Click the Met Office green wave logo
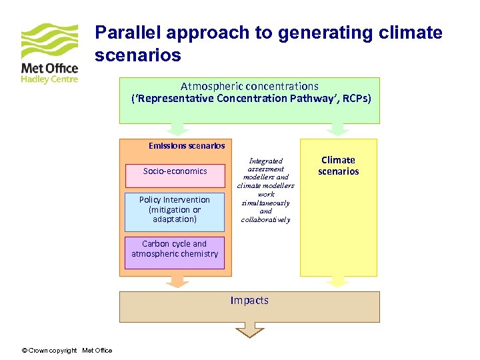click(49, 42)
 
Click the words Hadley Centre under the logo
click(49, 79)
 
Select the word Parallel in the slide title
click(127, 33)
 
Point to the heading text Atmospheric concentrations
click(249, 86)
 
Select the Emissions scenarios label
click(187, 145)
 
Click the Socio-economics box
click(175, 171)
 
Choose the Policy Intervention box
click(175, 209)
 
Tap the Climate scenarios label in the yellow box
click(338, 165)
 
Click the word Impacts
click(249, 301)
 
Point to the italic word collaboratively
click(266, 219)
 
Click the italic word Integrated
click(266, 161)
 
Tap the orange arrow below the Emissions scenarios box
click(177, 282)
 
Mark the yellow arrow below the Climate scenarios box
click(338, 282)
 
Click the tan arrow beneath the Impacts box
click(249, 329)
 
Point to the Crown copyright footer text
click(67, 351)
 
